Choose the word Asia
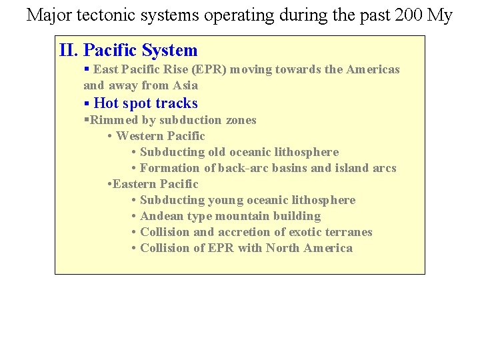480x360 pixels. click(185, 85)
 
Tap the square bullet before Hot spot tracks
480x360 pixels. click(87, 103)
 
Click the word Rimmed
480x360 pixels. click(111, 120)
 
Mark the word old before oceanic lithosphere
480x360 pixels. click(217, 152)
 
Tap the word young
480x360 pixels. click(226, 200)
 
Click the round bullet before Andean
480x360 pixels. click(135, 216)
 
